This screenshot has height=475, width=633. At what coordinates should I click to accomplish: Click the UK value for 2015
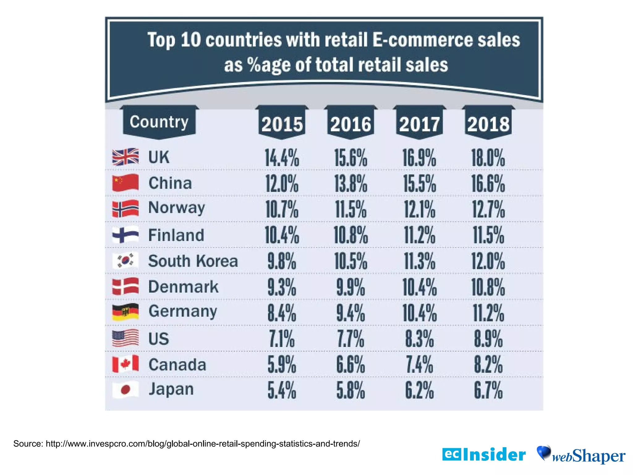[282, 158]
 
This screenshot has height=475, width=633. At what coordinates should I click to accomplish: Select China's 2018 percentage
[488, 184]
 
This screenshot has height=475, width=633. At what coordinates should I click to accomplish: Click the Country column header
[159, 122]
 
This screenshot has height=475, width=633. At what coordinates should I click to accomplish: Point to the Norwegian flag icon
[125, 209]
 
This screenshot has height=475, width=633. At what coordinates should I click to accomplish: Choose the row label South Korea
[193, 261]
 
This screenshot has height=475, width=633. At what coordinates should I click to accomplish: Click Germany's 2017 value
[419, 313]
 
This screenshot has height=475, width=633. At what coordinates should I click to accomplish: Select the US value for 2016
[350, 339]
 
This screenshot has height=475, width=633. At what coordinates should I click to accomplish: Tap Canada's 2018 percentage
[488, 365]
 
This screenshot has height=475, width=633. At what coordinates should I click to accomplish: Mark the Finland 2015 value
[282, 235]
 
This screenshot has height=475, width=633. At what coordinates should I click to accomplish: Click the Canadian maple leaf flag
[125, 364]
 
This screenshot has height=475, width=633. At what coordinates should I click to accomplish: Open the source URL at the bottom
[202, 444]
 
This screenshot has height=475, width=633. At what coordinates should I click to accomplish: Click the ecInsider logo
[484, 455]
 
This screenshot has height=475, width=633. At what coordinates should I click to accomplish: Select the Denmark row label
[183, 287]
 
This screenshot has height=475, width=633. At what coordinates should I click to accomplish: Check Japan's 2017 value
[419, 391]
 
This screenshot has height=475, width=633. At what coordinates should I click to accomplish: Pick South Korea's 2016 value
[350, 261]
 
